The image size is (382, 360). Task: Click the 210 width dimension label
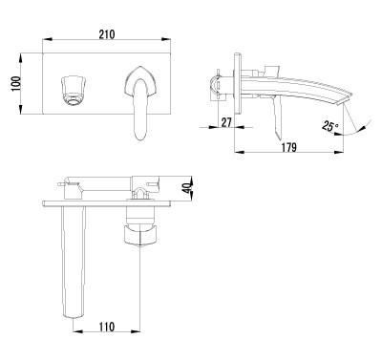click(107, 34)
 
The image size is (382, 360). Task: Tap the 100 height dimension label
click(16, 84)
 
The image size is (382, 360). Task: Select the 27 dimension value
click(226, 122)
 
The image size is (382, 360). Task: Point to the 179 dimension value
click(288, 147)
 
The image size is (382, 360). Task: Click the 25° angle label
click(329, 126)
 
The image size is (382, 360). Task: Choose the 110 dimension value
click(106, 327)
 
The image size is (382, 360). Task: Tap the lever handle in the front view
click(140, 102)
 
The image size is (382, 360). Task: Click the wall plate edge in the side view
click(238, 83)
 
